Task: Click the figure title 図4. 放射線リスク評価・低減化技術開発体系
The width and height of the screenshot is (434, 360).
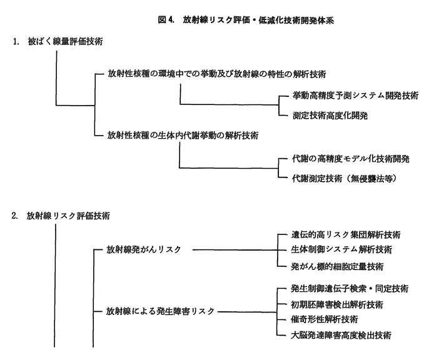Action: (x=246, y=20)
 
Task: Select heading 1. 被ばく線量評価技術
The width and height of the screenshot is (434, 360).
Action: (x=58, y=41)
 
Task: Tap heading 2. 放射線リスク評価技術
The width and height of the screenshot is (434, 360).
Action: (x=61, y=216)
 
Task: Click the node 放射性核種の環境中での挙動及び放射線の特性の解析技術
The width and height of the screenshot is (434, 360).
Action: (x=217, y=74)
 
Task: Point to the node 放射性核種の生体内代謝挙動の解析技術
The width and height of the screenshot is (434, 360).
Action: (x=183, y=135)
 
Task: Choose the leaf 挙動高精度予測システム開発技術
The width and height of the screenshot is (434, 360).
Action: (x=355, y=96)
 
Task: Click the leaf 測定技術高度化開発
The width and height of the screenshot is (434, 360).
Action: (x=330, y=116)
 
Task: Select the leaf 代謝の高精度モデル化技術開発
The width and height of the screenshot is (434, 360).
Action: (x=351, y=159)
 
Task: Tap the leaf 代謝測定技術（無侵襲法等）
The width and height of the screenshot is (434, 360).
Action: (x=345, y=179)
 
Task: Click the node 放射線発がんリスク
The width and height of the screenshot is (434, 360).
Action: (x=144, y=249)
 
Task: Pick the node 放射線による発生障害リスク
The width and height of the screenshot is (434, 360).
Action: (x=160, y=311)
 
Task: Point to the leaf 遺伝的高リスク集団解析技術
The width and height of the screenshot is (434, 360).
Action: (x=346, y=235)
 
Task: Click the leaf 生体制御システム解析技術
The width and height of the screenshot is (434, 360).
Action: (x=341, y=249)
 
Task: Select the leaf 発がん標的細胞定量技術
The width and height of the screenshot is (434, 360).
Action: (x=337, y=266)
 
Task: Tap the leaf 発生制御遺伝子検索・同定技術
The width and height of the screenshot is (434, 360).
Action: (x=350, y=289)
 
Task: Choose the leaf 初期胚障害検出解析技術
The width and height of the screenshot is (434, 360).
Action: (x=337, y=304)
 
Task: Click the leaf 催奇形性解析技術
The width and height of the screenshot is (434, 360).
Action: (x=325, y=319)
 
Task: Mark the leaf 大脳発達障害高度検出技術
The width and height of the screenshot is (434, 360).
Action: (x=341, y=336)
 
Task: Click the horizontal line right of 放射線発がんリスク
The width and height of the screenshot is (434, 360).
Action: (x=235, y=250)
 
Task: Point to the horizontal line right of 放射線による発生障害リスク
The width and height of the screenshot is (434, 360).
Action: (x=248, y=312)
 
